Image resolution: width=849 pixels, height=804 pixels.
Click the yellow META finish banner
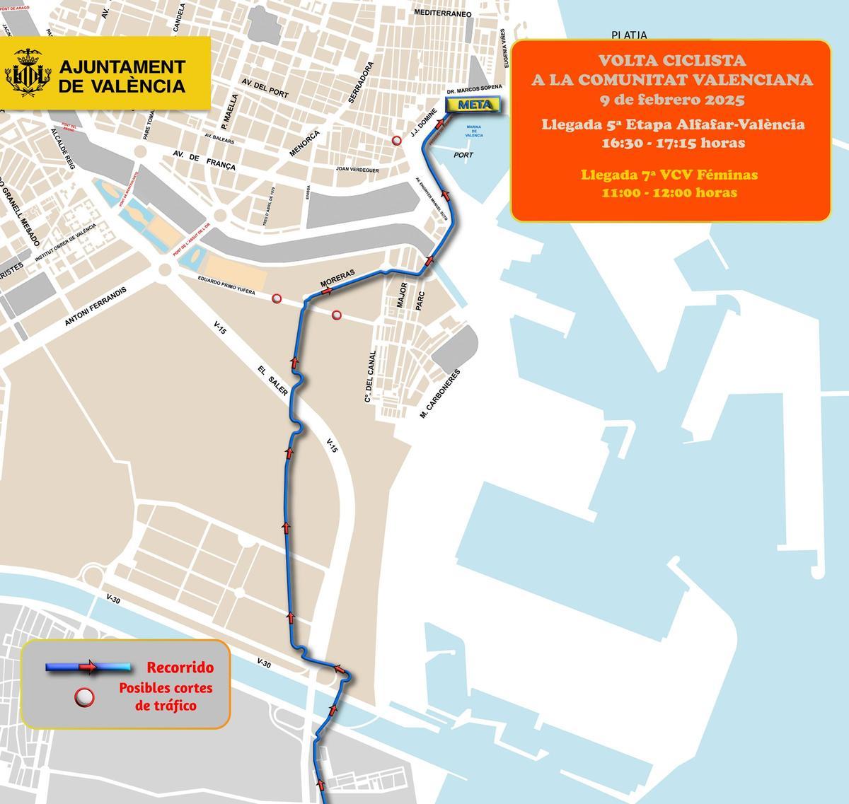tap(473, 105)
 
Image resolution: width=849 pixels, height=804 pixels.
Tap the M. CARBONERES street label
tap(440, 393)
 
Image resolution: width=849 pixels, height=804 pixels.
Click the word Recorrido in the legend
tap(180, 668)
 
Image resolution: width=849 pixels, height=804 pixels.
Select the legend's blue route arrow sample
tap(88, 667)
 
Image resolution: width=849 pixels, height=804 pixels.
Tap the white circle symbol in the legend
tap(85, 697)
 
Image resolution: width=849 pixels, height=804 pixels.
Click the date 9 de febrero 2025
tap(671, 98)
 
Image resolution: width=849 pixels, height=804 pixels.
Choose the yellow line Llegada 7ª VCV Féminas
tap(669, 175)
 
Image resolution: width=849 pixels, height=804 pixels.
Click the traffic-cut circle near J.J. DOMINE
tap(398, 141)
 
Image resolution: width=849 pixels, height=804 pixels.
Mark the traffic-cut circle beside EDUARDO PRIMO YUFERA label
tap(277, 299)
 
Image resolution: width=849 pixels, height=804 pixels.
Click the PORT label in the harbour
tap(464, 154)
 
